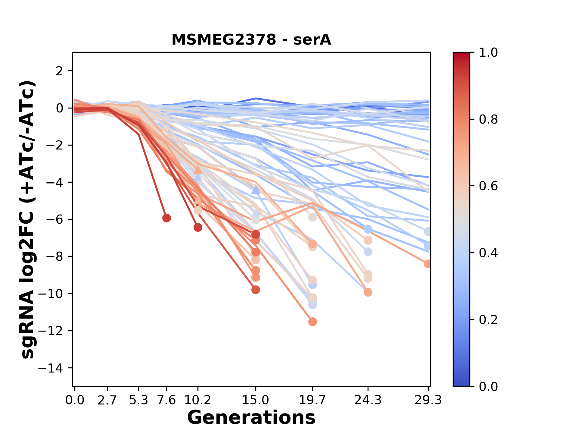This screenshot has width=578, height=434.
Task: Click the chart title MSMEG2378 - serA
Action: [x=251, y=40]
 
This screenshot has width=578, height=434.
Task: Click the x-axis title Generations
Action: [x=251, y=418]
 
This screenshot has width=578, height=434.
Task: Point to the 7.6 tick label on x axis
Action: [x=166, y=400]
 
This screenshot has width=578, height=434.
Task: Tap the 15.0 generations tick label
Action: [x=256, y=400]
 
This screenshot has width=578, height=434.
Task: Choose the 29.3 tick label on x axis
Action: [x=428, y=400]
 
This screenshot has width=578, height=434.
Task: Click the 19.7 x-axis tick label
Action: [x=312, y=400]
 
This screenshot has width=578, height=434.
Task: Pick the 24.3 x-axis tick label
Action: [x=368, y=400]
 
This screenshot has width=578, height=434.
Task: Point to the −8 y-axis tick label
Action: [x=54, y=256]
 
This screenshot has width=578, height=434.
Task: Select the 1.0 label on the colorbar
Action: [x=488, y=53]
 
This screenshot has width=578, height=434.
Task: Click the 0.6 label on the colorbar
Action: [x=488, y=186]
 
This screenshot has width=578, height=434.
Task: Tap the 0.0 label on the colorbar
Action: [x=488, y=386]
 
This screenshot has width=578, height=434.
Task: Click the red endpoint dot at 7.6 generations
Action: [x=166, y=218]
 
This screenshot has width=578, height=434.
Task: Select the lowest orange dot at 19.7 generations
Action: [x=312, y=322]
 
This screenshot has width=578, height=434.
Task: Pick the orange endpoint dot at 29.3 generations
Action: [x=428, y=264]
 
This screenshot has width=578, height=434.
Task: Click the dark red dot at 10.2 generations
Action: [x=198, y=228]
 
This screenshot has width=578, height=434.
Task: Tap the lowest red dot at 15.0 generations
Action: [x=256, y=290]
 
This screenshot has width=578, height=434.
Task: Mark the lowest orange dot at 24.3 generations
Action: [x=368, y=292]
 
